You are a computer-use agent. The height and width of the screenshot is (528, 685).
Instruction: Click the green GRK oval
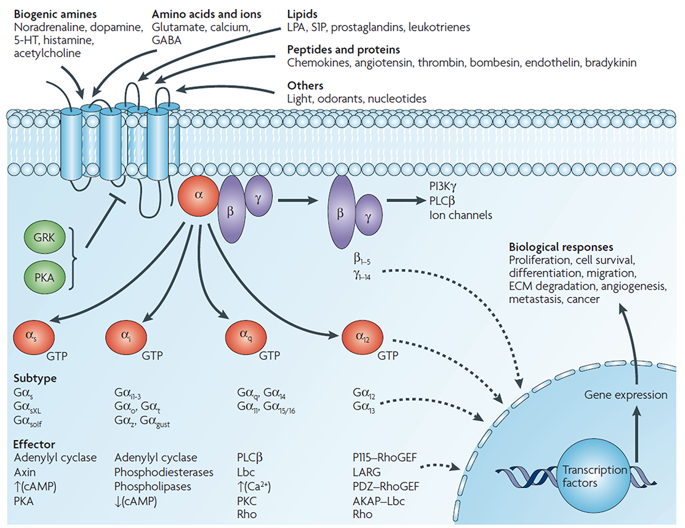coord(45,237)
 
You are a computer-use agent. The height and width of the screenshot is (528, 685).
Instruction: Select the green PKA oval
coord(45,278)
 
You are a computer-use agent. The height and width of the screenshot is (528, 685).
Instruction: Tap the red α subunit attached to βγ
coord(198,196)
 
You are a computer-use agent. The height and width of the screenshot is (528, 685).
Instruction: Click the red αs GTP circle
coord(34,337)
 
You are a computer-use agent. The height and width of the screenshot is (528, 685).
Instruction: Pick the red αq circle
coord(246,337)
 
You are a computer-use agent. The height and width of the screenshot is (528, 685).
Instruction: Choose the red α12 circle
coord(362,337)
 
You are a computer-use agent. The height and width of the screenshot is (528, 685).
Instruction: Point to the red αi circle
coord(126,337)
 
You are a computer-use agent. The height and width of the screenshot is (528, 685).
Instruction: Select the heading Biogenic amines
coord(55,14)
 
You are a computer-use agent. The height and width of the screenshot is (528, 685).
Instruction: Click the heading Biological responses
coord(561,247)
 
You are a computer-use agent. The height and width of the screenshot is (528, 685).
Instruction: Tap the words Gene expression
coord(626,394)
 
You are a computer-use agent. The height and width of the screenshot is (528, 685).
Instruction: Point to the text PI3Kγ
coord(443,187)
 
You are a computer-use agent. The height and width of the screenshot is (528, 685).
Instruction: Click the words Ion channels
coord(461,215)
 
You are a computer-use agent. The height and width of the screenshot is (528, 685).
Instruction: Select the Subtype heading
coord(35,378)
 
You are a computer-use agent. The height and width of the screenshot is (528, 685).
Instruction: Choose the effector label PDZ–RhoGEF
coord(386,486)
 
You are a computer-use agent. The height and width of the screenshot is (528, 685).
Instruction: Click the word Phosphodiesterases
coord(164,472)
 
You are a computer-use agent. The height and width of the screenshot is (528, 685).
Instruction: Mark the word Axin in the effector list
coord(25,472)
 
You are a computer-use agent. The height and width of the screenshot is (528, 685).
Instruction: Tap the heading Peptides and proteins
coord(344,50)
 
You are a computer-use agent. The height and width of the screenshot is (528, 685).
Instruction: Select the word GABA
coord(167,41)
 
